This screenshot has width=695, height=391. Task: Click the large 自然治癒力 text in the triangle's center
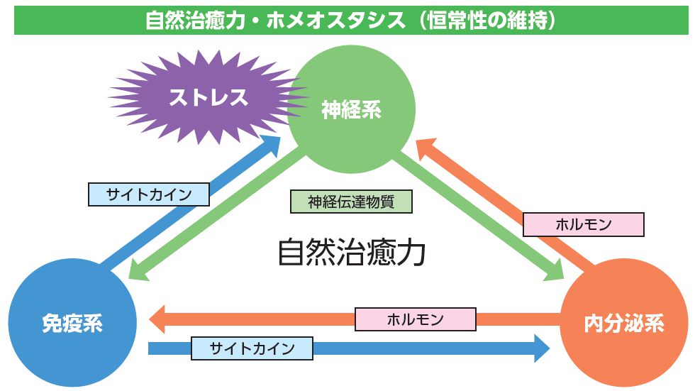tap(351, 251)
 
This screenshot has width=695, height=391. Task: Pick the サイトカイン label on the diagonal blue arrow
tap(149, 194)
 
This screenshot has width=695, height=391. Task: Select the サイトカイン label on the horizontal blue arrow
tap(252, 348)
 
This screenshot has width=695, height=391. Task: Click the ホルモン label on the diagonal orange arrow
tap(583, 225)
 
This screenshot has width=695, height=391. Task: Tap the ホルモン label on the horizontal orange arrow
tap(416, 319)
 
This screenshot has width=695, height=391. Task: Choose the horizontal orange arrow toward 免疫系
tap(284, 319)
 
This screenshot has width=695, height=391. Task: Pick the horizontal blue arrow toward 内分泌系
tap(426, 348)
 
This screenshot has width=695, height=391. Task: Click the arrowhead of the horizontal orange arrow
tap(157, 319)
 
